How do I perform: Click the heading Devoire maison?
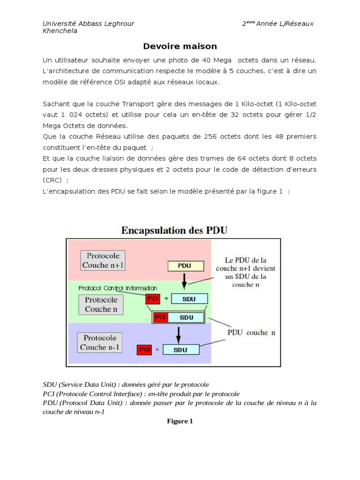[x=180, y=46]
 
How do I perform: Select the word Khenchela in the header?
[x=60, y=31]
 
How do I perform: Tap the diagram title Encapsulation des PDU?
[x=174, y=230]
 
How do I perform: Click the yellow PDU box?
[x=186, y=266]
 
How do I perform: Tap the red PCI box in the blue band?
[x=144, y=350]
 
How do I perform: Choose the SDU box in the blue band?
[x=180, y=350]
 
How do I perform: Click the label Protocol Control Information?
[x=118, y=288]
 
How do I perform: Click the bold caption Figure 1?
[x=180, y=421]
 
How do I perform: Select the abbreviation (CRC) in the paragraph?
[x=52, y=180]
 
